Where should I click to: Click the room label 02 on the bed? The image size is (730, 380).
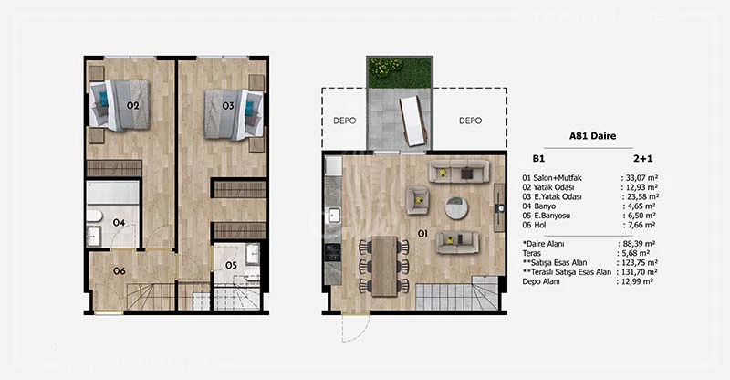click(133, 106)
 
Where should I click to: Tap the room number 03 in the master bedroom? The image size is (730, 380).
click(228, 106)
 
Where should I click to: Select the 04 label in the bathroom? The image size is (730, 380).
click(120, 223)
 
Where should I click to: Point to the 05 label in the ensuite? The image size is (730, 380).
click(232, 265)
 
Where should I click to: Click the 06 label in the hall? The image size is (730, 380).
click(120, 271)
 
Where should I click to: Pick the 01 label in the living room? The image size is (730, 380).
click(422, 233)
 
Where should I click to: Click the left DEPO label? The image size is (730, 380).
click(345, 121)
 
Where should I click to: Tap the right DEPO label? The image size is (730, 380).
click(470, 121)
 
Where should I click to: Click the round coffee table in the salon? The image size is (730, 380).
click(457, 207)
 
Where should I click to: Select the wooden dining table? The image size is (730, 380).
click(384, 266)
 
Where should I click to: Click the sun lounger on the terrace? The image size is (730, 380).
click(413, 121)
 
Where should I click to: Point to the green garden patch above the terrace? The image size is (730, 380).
click(400, 72)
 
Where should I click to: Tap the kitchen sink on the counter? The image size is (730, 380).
click(333, 216)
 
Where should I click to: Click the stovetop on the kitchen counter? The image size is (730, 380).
click(332, 252)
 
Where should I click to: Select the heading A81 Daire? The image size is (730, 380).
click(592, 136)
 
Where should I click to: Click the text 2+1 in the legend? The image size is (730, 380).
click(643, 159)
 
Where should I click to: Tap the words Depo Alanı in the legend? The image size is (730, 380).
click(541, 281)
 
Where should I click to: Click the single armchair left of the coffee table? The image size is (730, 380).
click(418, 200)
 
